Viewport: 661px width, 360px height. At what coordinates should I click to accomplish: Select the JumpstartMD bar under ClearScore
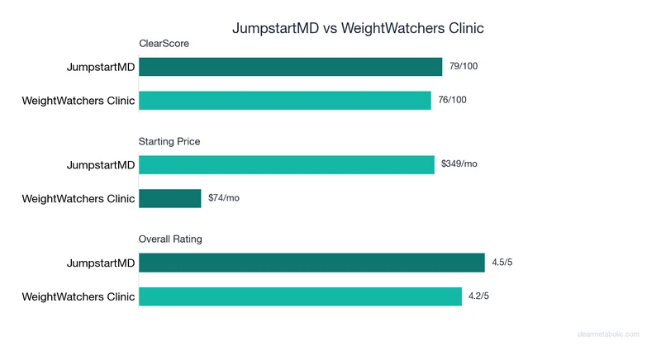click(291, 67)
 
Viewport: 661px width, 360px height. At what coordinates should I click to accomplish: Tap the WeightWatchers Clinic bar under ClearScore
click(285, 101)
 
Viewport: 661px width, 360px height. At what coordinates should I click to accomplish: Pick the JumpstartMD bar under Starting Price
click(287, 164)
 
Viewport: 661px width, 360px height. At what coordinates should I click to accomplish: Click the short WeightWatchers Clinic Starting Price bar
click(170, 198)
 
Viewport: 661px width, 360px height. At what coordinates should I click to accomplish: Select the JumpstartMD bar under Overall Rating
click(311, 263)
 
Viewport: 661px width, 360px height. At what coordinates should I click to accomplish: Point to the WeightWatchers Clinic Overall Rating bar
click(300, 296)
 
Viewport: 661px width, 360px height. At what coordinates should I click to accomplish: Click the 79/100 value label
click(464, 67)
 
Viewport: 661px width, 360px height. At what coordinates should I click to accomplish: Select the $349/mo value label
click(459, 164)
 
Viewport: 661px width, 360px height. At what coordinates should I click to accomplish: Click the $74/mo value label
click(224, 198)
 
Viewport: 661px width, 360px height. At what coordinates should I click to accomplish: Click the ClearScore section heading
click(164, 45)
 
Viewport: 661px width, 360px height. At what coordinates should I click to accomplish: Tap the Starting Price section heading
click(169, 141)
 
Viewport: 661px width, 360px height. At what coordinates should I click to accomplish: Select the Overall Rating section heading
click(170, 239)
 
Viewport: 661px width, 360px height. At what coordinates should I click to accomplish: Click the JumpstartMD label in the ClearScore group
click(101, 67)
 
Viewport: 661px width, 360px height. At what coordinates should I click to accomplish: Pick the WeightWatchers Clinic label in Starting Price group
click(78, 198)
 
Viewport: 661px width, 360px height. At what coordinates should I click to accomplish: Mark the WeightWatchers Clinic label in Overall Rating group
click(78, 296)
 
